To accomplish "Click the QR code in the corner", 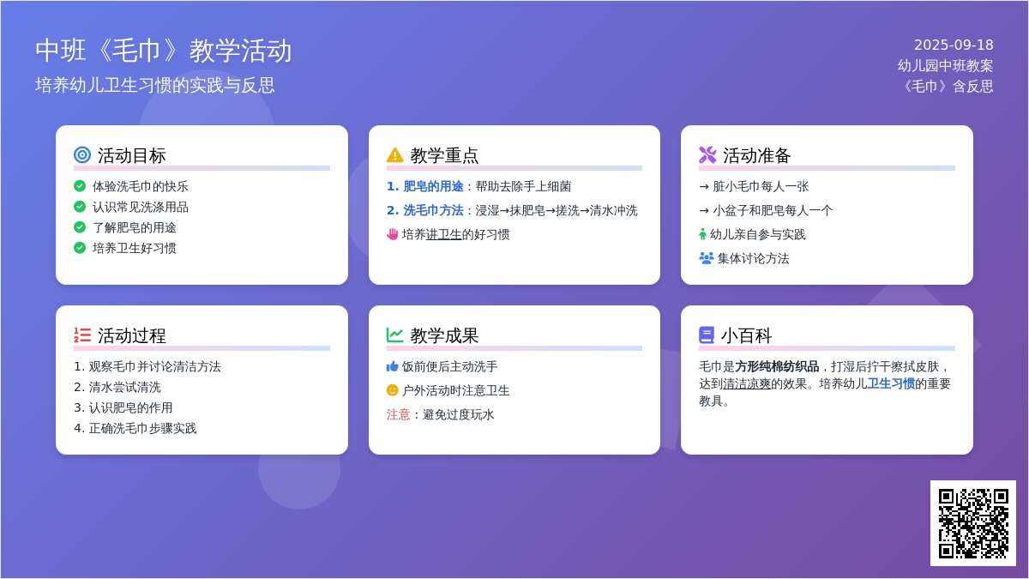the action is tap(973, 523).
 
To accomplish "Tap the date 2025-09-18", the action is tap(954, 45).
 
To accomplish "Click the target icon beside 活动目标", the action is tap(82, 155).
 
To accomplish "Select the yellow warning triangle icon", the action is tap(394, 155).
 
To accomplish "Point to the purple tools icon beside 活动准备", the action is tap(707, 155).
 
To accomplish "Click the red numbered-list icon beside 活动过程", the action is tap(82, 335).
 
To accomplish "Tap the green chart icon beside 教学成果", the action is tap(394, 335).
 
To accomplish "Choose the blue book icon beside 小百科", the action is tap(707, 335).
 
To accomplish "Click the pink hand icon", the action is tap(392, 234).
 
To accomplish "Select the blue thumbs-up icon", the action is tap(392, 366).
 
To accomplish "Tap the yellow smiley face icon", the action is tap(392, 390).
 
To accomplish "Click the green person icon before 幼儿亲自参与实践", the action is tap(702, 234).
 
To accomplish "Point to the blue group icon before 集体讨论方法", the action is tap(706, 258).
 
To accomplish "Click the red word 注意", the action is tap(398, 414).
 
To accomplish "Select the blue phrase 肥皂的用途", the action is tap(433, 186).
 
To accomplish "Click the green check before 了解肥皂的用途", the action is tap(80, 227).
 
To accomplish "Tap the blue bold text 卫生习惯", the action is tap(891, 383).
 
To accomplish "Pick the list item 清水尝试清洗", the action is tap(124, 387).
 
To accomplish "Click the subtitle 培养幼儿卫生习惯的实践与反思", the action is tap(155, 85).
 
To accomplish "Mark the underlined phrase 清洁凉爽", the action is tap(747, 383).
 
